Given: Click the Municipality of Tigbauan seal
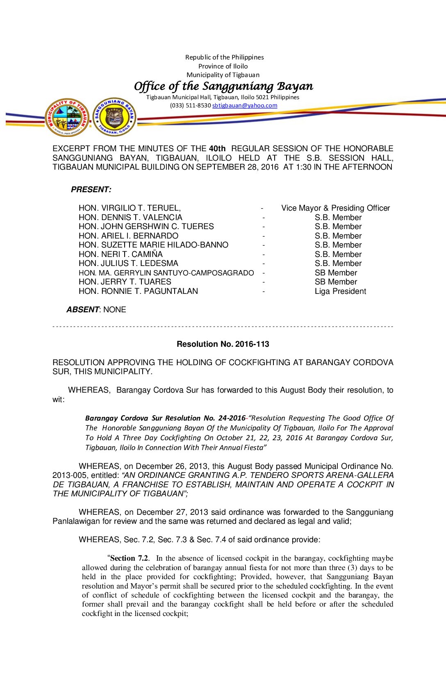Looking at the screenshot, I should point(67,117).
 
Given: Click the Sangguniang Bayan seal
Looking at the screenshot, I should point(114,117).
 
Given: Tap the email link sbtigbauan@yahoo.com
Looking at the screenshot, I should point(244,105).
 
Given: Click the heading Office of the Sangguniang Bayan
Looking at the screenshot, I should point(223,86).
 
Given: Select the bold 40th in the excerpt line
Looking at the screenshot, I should point(217,148).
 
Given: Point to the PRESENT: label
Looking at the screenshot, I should point(91,189).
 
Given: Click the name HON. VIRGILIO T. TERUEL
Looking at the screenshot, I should point(130,208).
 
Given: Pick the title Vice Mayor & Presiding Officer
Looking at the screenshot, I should point(335,208).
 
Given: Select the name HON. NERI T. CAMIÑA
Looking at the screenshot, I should point(121,254).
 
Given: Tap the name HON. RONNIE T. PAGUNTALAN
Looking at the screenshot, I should point(138,291).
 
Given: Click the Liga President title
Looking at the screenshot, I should point(340,291).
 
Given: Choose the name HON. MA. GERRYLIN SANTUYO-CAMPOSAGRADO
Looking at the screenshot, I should point(166,273).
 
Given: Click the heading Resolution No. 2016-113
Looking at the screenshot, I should point(223,344).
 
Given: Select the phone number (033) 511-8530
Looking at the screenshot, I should point(190,105).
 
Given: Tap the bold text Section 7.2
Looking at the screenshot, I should point(129,558).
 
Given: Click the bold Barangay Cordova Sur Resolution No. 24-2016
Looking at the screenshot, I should point(165,418).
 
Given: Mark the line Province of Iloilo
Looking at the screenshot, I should point(223,66).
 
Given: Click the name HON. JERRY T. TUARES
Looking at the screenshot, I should point(125,282).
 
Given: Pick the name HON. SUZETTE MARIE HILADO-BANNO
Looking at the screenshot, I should point(153,245).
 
